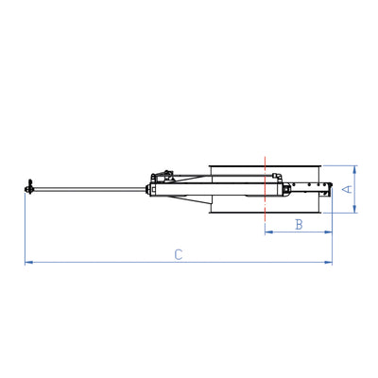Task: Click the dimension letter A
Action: click(x=347, y=189)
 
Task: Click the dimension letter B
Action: click(x=298, y=224)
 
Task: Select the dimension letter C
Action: click(x=178, y=253)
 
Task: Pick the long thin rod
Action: click(x=90, y=190)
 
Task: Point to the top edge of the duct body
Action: click(x=265, y=164)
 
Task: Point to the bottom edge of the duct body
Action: click(x=265, y=215)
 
